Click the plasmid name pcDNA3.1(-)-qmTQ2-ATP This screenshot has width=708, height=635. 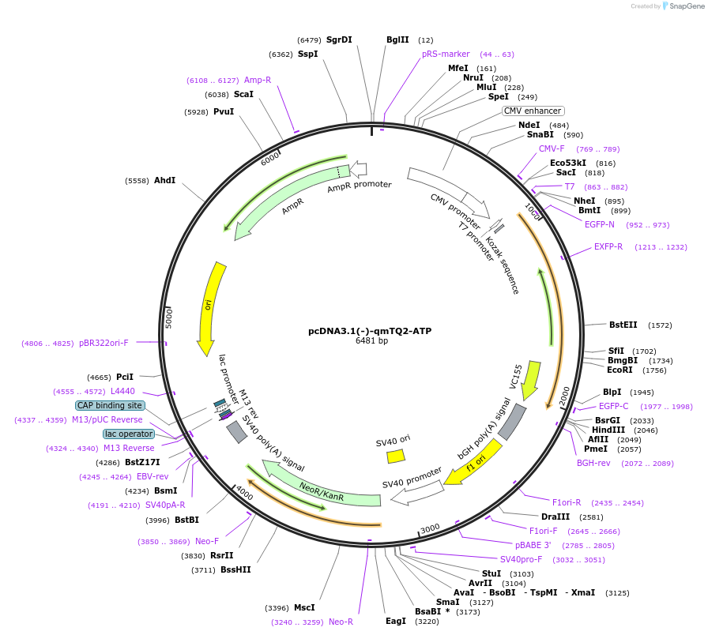click(370, 331)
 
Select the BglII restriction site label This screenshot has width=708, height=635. click(397, 39)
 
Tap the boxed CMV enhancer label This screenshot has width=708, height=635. click(533, 111)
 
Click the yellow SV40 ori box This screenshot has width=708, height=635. click(396, 456)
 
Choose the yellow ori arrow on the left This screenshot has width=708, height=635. click(209, 308)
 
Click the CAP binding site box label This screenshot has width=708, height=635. click(110, 405)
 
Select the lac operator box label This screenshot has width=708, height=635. click(128, 434)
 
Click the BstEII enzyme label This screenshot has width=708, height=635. click(623, 325)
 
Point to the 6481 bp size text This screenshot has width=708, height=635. click(371, 341)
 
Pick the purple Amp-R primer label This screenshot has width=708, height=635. click(258, 80)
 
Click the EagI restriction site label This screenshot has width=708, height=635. click(395, 621)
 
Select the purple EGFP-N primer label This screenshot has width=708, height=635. click(599, 224)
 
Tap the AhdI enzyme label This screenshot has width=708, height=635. click(164, 180)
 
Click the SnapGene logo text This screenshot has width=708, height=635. click(684, 6)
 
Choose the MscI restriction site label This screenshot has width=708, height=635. click(304, 607)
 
